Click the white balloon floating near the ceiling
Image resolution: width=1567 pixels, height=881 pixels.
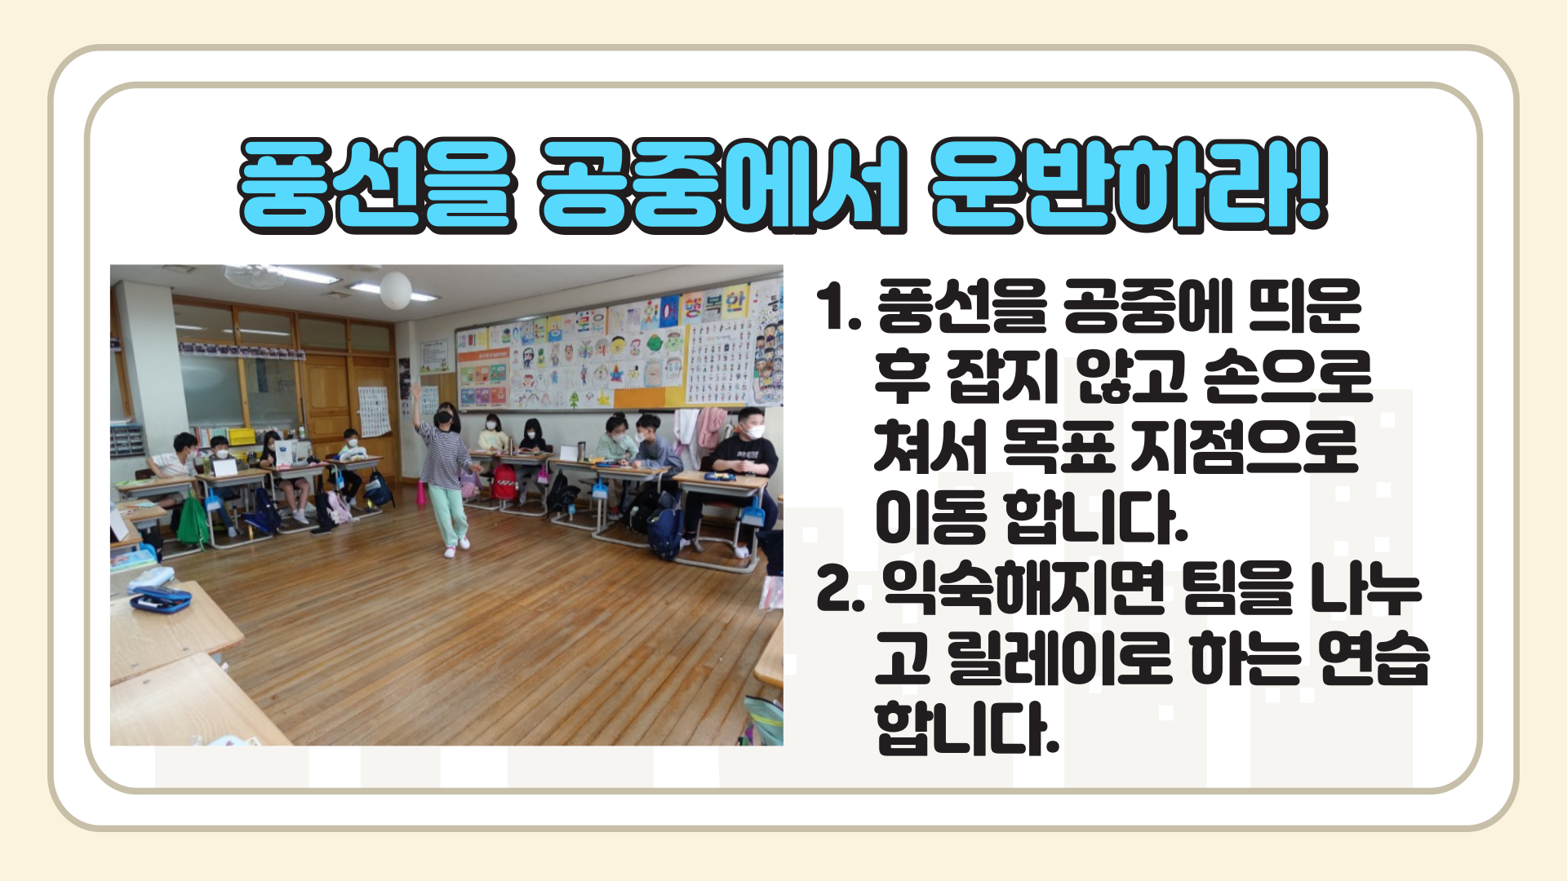(396, 290)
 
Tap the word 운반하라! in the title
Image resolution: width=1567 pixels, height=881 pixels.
(1130, 185)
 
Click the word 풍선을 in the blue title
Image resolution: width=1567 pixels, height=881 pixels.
(377, 185)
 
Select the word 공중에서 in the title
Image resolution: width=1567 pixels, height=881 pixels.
(722, 185)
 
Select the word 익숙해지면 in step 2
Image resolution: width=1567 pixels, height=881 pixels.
(1023, 588)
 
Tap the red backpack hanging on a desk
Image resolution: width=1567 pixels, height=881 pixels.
(504, 482)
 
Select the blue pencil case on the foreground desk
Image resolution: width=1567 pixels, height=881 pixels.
(160, 601)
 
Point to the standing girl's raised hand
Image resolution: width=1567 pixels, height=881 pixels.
(416, 392)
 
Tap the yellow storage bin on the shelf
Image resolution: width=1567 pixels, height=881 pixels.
(240, 436)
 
